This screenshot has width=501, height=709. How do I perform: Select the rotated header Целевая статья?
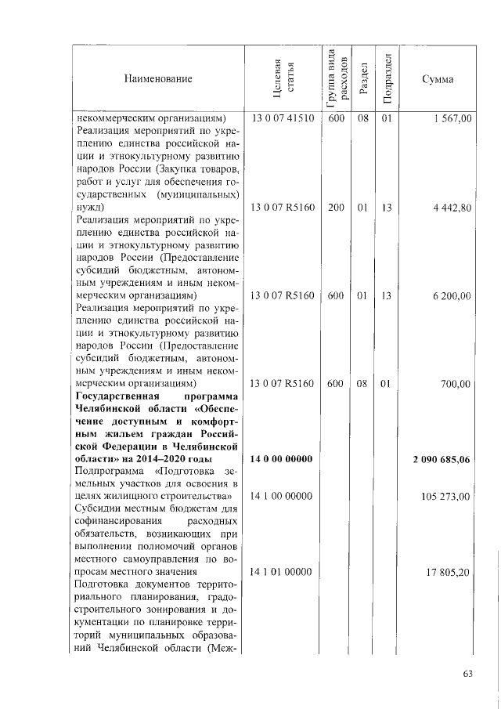pos(282,79)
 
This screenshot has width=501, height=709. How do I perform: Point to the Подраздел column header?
pos(385,79)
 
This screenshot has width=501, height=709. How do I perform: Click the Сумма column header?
pos(437,79)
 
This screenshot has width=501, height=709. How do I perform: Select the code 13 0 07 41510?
pos(282,119)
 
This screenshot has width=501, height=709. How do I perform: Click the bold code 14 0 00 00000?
pos(282,459)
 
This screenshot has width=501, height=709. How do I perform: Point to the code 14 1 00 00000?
pos(282,497)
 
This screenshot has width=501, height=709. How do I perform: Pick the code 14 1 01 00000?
pos(282,573)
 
